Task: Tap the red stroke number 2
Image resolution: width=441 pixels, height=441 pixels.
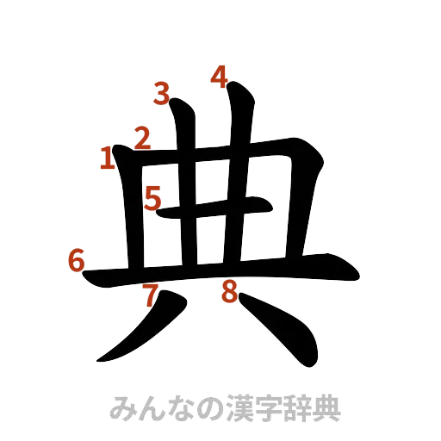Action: click(x=142, y=137)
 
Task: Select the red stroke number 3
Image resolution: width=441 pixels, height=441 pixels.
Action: click(x=161, y=93)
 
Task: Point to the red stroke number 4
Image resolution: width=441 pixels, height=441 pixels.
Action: click(x=220, y=78)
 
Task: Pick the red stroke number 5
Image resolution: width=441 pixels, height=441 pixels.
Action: click(x=153, y=199)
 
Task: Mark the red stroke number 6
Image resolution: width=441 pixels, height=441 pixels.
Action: click(x=77, y=259)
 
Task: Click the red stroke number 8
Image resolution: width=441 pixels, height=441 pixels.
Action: click(x=229, y=291)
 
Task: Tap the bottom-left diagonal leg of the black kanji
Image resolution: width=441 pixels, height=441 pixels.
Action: click(x=138, y=332)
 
